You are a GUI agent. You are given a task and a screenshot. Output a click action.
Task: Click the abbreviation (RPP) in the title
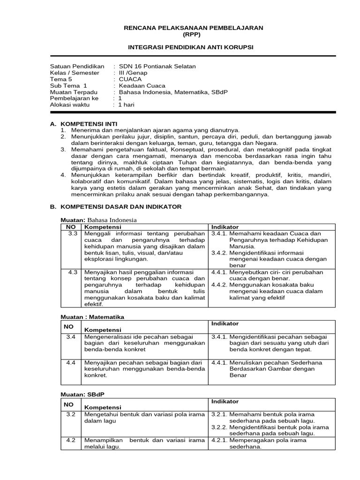point(193,35)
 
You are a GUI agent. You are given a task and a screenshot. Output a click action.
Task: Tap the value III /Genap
point(133,73)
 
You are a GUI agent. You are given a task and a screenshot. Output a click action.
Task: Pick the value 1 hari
point(127,105)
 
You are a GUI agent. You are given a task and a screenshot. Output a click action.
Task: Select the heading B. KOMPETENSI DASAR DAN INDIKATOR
point(115,207)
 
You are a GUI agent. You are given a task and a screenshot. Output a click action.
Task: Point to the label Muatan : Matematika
point(93,317)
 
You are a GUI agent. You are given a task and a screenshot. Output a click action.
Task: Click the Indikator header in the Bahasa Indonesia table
point(225,227)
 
